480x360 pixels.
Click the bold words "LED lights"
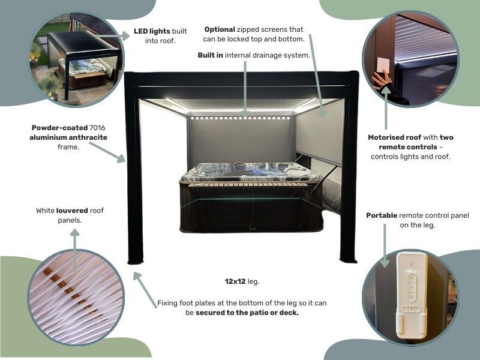152,31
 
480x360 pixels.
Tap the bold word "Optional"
220,29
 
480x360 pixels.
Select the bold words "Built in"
211,55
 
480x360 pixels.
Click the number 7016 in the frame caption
97,128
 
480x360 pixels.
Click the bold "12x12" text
235,281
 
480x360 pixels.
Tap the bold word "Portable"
382,215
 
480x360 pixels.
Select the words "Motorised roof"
395,137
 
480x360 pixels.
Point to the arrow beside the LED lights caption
113,36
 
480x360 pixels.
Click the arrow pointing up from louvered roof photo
74,250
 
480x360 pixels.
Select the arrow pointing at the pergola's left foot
145,290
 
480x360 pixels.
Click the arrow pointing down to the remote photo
385,245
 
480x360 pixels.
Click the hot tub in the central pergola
251,197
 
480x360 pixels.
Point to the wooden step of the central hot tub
247,184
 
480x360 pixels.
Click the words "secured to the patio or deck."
247,313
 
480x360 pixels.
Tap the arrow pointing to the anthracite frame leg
107,152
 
